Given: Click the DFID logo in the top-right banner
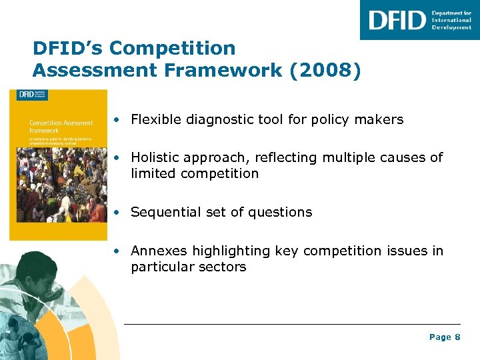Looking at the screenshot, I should [397, 20].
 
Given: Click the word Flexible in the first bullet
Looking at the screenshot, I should [153, 120].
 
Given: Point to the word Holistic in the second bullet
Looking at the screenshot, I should [153, 158].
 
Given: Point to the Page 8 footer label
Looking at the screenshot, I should [445, 337].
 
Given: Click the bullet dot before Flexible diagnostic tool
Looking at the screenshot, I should [117, 121].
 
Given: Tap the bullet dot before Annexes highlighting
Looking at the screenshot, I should [117, 251].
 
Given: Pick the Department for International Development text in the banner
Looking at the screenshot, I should [451, 20].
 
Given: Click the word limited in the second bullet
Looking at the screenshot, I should [148, 173].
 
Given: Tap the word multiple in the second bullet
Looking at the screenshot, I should [349, 158].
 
